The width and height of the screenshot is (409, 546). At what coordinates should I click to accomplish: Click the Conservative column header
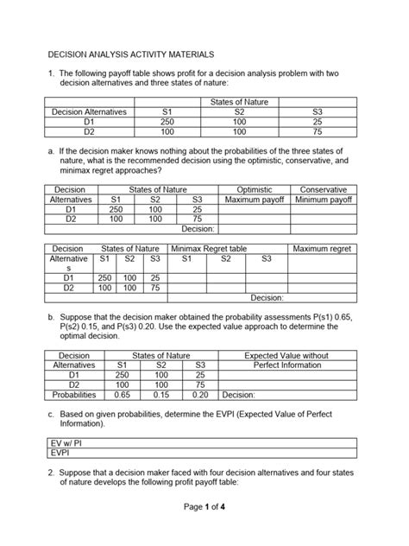tap(324, 188)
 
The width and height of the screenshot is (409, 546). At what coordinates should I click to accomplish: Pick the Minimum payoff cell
tap(324, 199)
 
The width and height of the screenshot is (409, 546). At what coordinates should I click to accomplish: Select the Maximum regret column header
tap(324, 249)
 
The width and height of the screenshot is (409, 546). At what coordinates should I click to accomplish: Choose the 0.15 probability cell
tap(160, 396)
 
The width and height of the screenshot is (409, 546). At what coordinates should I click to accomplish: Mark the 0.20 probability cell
tap(200, 396)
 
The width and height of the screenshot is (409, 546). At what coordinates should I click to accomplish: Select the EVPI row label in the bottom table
tap(60, 451)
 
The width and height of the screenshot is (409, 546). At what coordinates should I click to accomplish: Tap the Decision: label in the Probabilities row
tap(238, 396)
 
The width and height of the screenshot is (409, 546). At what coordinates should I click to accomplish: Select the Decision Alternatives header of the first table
tap(89, 111)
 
